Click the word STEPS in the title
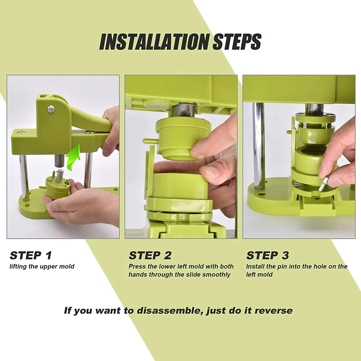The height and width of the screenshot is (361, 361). pos(237,42)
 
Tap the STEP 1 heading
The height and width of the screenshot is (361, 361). pos(31,255)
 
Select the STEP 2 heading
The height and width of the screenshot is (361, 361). pos(150,255)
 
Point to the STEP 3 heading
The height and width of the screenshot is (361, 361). pos(267,255)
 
